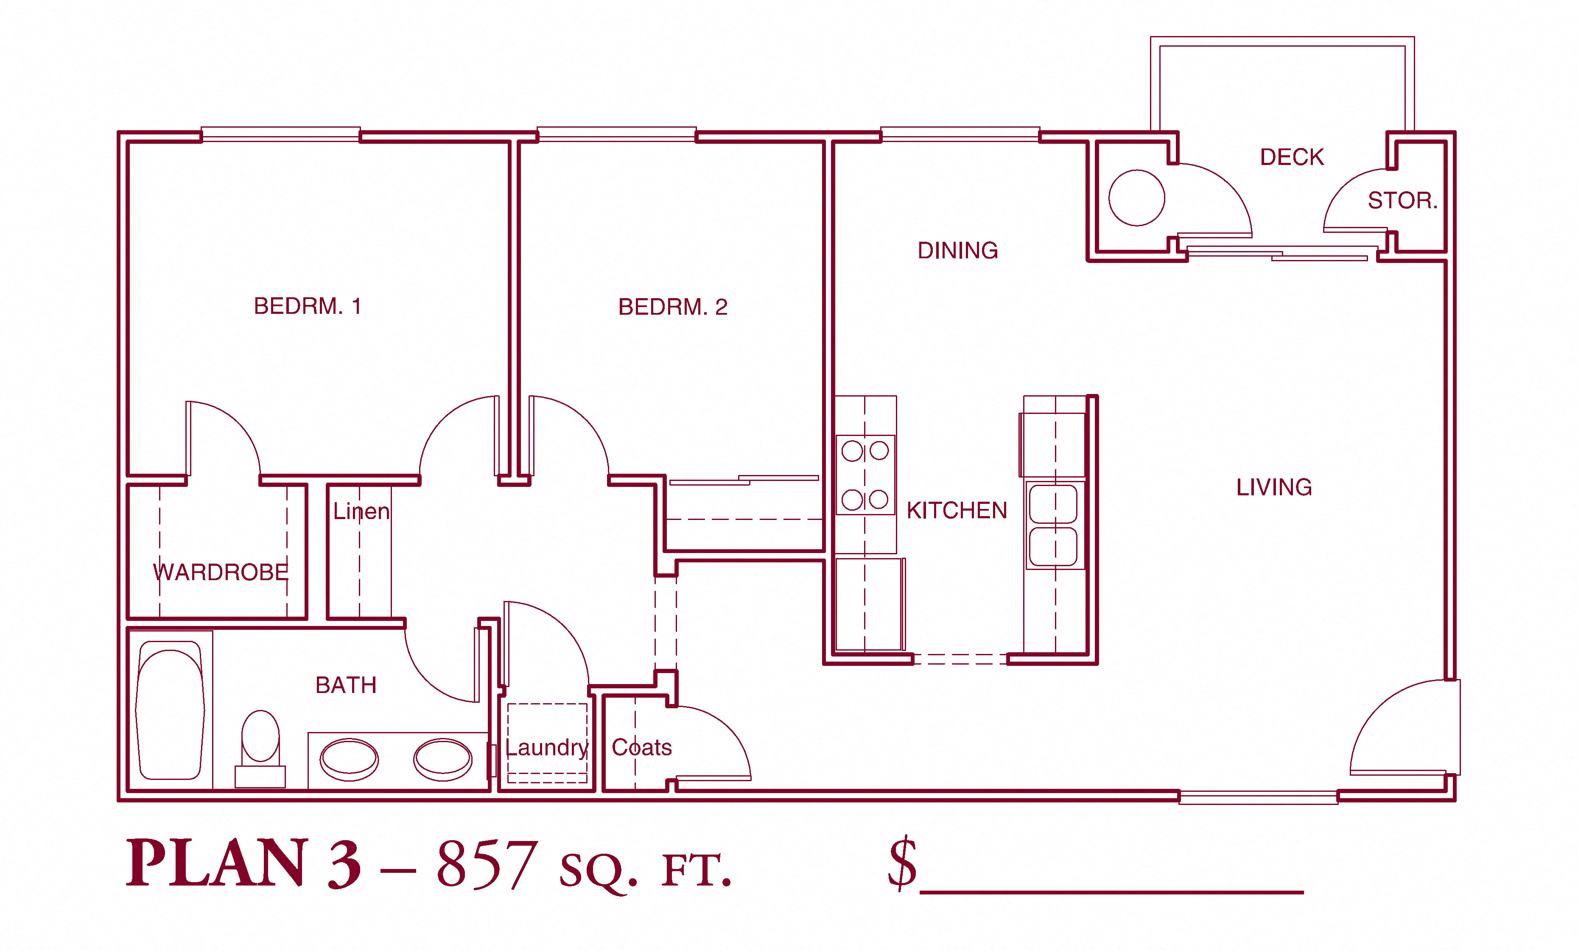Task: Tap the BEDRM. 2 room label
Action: coord(673,307)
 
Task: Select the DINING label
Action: coord(958,250)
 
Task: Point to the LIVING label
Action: coord(1274,487)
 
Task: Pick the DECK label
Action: coord(1292,157)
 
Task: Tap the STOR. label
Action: coord(1402,200)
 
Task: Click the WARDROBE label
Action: coord(221,572)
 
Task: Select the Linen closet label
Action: coord(361,511)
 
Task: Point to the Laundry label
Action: coord(547,747)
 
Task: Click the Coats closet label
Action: coord(641,747)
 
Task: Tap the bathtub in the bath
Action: coord(170,710)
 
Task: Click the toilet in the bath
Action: coord(260,749)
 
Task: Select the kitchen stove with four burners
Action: coord(865,474)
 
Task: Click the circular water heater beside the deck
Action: coord(1136,198)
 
